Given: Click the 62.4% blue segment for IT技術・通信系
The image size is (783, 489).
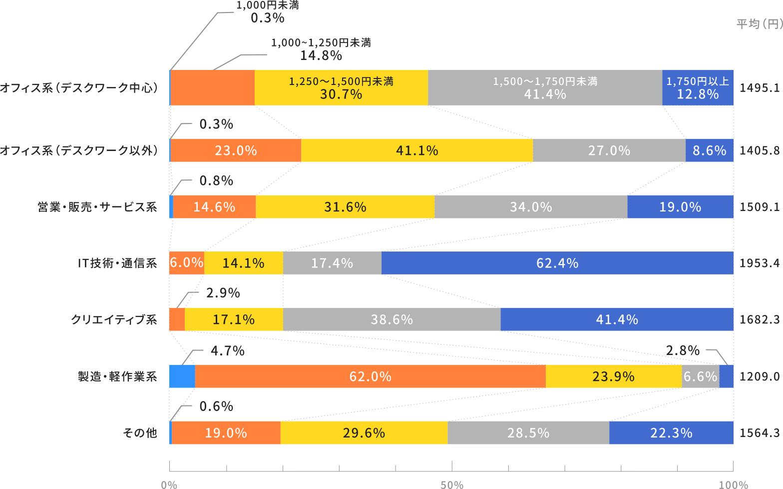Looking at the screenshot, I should pos(557,263).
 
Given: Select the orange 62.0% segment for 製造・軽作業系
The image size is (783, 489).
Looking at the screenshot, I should pos(370,376).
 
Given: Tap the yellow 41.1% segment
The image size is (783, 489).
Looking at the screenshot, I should pos(417,150).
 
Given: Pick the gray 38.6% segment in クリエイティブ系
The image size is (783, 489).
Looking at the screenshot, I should pos(391,319).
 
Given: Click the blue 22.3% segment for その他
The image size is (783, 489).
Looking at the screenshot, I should pos(671,432).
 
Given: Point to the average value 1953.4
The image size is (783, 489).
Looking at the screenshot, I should pos(759,263).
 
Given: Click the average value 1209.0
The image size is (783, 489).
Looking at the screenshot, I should pos(759,376).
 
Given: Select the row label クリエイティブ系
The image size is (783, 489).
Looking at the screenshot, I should pos(114,319).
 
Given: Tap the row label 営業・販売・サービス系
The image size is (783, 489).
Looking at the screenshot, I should pos(97,207).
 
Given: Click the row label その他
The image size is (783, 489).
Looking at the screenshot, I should pos(140,432).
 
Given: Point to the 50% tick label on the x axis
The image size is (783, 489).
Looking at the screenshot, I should pos(452,484).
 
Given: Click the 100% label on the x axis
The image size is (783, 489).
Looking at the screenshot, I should pos(734,484).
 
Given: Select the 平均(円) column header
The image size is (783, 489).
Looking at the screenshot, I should pos(759,24).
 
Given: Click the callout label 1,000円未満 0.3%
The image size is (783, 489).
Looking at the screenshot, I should pos(268,12).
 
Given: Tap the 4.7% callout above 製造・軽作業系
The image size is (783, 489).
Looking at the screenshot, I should pos(227,351).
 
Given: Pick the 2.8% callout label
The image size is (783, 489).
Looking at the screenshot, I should pos(683,350).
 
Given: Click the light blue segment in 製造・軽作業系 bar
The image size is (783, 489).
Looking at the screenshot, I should pos(182,376).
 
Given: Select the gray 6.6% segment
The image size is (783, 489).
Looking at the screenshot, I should pos(700,376).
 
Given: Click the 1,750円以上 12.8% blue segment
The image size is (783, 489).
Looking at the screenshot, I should pos(698,87).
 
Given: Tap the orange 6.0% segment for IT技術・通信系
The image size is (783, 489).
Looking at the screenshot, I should pos(186,263).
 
